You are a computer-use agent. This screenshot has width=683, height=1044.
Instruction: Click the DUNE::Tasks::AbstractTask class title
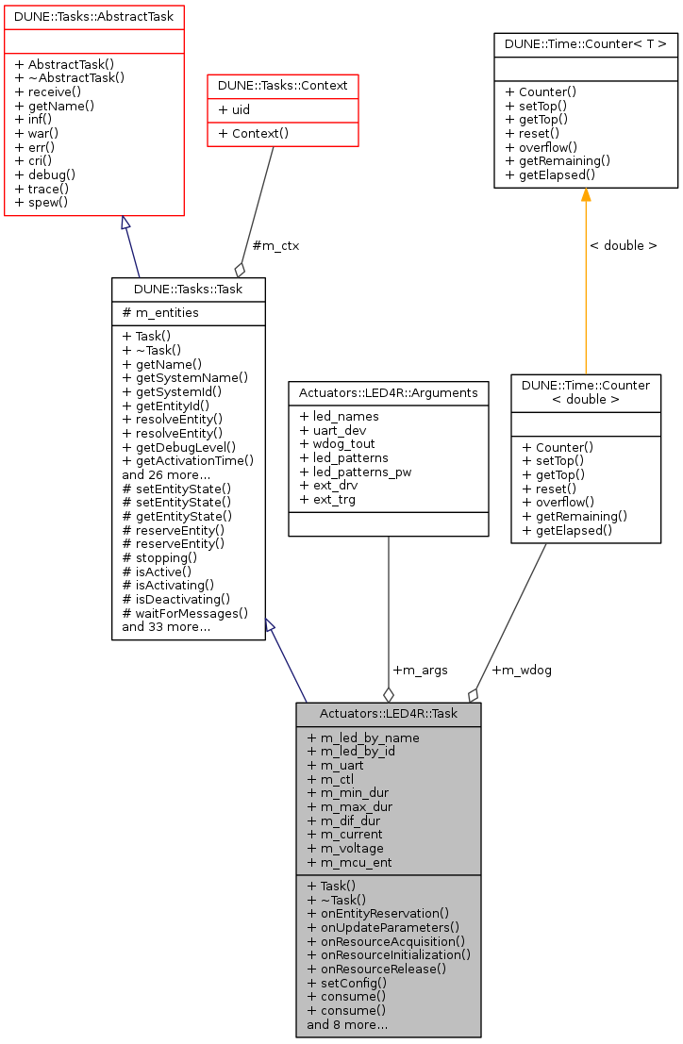tap(93, 16)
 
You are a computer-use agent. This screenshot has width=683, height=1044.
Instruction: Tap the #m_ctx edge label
tap(275, 246)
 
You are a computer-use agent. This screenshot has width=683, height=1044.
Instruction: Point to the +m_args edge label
tap(420, 670)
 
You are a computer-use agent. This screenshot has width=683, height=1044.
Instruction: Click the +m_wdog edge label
tap(522, 670)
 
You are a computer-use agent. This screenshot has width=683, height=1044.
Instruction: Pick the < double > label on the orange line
tap(623, 245)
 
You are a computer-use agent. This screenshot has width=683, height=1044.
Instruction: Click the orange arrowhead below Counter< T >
tap(586, 194)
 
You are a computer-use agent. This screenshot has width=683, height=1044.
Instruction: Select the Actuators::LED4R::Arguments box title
tap(388, 392)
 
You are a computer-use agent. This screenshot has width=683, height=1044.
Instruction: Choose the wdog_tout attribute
tap(338, 443)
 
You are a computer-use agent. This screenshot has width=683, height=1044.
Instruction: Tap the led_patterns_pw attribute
tap(355, 472)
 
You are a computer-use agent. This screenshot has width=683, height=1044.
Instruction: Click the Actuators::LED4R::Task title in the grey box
tap(388, 714)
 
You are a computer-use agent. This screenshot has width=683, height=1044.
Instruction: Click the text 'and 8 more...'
tap(347, 1023)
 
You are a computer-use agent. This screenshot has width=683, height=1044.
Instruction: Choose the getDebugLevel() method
tap(179, 446)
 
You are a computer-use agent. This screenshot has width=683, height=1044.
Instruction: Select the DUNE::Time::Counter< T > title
tap(586, 43)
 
